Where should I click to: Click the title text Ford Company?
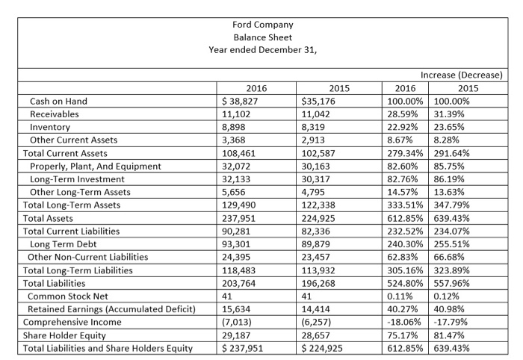point(262,24)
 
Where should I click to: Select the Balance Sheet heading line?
point(262,37)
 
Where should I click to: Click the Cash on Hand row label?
point(58,101)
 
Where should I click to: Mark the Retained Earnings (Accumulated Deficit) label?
point(111,308)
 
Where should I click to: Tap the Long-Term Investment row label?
point(76,179)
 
